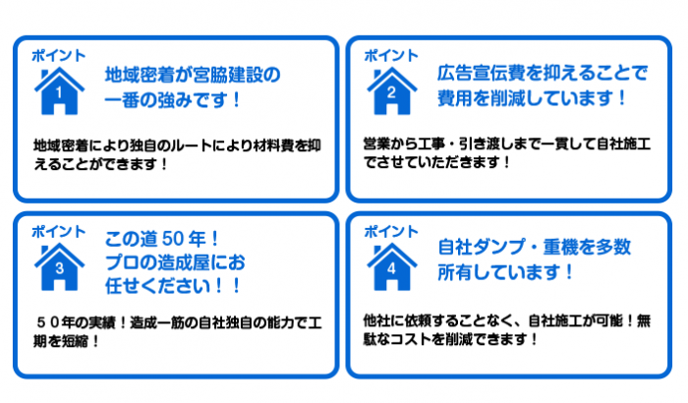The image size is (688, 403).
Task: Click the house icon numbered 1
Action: point(59,91)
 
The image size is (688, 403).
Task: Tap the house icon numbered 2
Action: point(392,91)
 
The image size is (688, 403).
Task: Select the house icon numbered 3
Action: point(59,267)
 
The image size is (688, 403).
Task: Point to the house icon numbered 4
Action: point(392,267)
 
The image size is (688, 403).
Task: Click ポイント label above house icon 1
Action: point(59,56)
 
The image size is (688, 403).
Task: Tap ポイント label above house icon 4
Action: point(391,231)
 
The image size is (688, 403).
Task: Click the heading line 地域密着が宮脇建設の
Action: point(193,75)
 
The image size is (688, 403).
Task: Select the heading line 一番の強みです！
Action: point(172,99)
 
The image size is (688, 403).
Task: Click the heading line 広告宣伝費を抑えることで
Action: point(543,73)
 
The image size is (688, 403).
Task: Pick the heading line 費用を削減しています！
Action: point(532,97)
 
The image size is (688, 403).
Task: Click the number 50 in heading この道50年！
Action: point(172,239)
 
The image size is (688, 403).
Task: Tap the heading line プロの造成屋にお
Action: point(175,262)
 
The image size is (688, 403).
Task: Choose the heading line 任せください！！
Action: point(172,286)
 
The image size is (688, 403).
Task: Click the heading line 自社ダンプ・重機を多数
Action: point(534,247)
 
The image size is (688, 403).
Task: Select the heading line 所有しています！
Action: point(505,272)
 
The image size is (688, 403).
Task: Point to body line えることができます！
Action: point(100,164)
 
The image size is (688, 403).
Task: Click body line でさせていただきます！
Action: point(436,162)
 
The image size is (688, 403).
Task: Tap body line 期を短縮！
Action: point(67,341)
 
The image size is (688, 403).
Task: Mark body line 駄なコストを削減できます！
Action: point(450,339)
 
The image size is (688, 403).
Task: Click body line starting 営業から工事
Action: point(507,144)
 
